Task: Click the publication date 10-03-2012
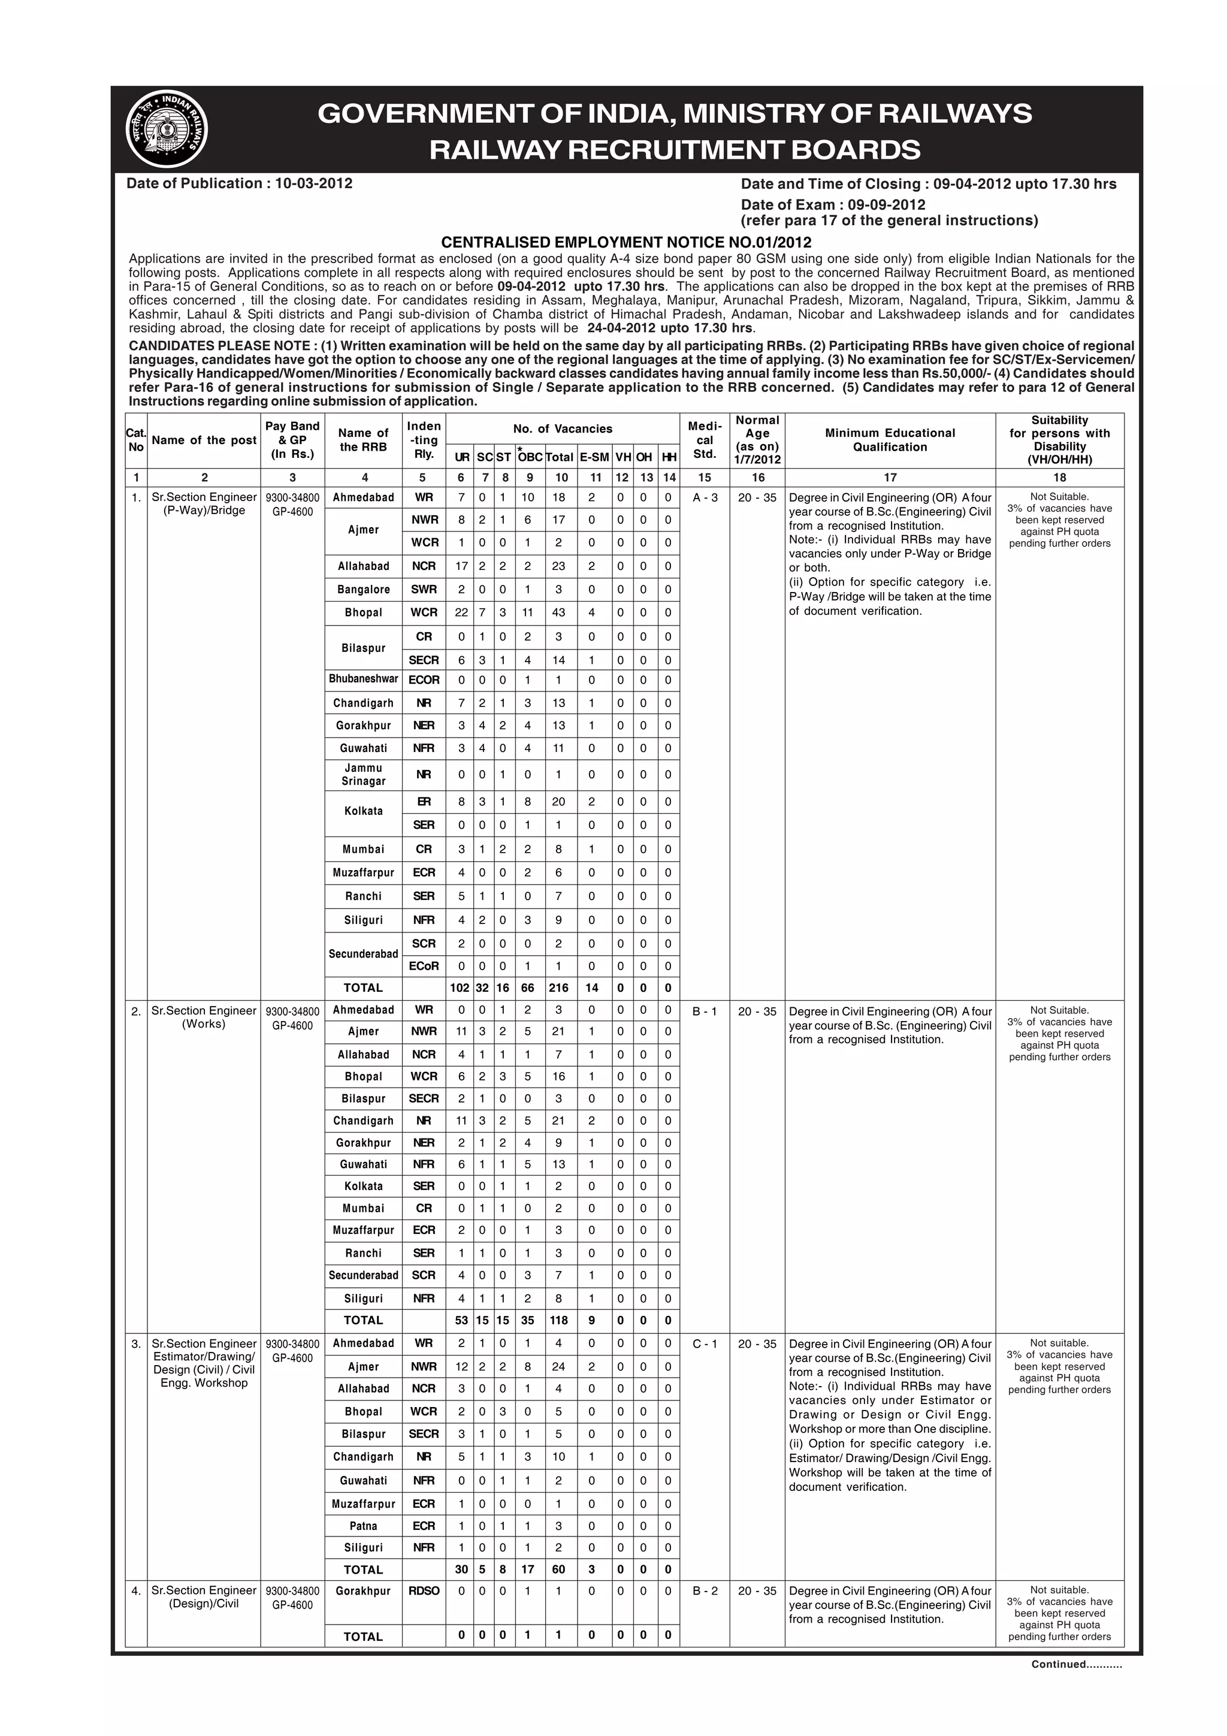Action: [313, 183]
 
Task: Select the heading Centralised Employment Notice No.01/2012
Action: [626, 242]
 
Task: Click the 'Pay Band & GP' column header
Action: [292, 440]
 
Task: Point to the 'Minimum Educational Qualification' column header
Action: [890, 440]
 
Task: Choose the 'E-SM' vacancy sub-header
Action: [594, 457]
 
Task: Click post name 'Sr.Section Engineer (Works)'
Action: [204, 1017]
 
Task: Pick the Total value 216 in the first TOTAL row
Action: [559, 988]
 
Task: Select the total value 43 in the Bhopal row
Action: [559, 612]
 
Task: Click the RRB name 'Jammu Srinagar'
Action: [364, 774]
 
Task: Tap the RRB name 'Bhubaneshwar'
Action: [364, 679]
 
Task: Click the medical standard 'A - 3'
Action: [705, 497]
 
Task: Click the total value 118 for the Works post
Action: [559, 1320]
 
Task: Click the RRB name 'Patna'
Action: [364, 1526]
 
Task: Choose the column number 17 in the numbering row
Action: [890, 477]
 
